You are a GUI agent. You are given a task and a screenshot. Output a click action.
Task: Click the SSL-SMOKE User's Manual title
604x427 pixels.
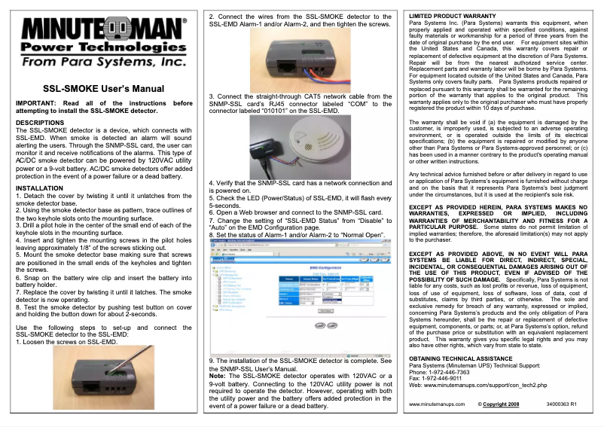tap(103, 89)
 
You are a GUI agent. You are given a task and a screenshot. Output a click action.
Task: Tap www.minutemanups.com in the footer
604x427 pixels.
tap(438, 405)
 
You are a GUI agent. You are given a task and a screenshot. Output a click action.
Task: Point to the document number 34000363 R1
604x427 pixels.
tap(562, 405)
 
